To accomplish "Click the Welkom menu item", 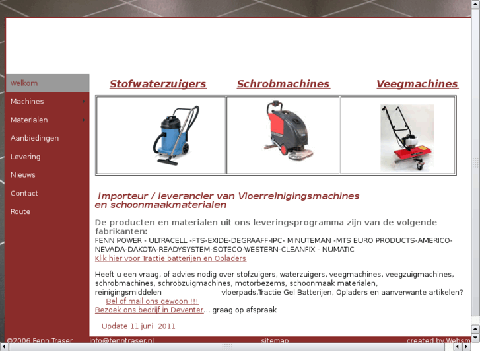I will (24, 83).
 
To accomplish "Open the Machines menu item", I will (27, 102).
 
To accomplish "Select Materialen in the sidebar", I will (29, 120).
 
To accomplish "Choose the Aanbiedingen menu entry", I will (34, 138).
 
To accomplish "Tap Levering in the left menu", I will (25, 157).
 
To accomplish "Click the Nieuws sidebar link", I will (23, 175).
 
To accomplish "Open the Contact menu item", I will (24, 194).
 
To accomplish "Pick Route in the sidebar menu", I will (20, 212).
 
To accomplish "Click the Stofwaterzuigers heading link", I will (158, 84).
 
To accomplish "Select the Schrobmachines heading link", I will (283, 84).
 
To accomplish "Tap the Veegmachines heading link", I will (417, 84).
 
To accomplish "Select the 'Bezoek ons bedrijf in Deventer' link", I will (149, 310).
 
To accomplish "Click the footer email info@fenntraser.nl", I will (121, 341).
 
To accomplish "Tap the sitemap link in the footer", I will (275, 341).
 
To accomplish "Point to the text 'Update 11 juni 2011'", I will (139, 326).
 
